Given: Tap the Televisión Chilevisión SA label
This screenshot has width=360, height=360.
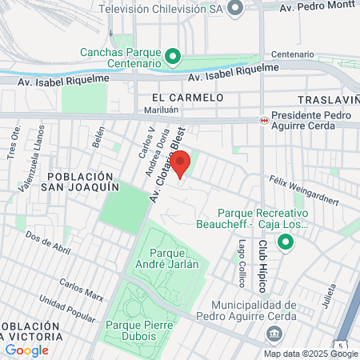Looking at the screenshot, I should click(x=160, y=8).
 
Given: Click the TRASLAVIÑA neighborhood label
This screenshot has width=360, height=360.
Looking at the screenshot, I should click(x=327, y=100).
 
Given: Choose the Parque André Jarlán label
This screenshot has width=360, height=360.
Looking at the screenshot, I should click(x=168, y=259).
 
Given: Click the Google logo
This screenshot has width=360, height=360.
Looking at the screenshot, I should click(x=26, y=350).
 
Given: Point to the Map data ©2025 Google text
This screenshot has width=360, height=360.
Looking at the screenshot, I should click(x=311, y=354).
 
